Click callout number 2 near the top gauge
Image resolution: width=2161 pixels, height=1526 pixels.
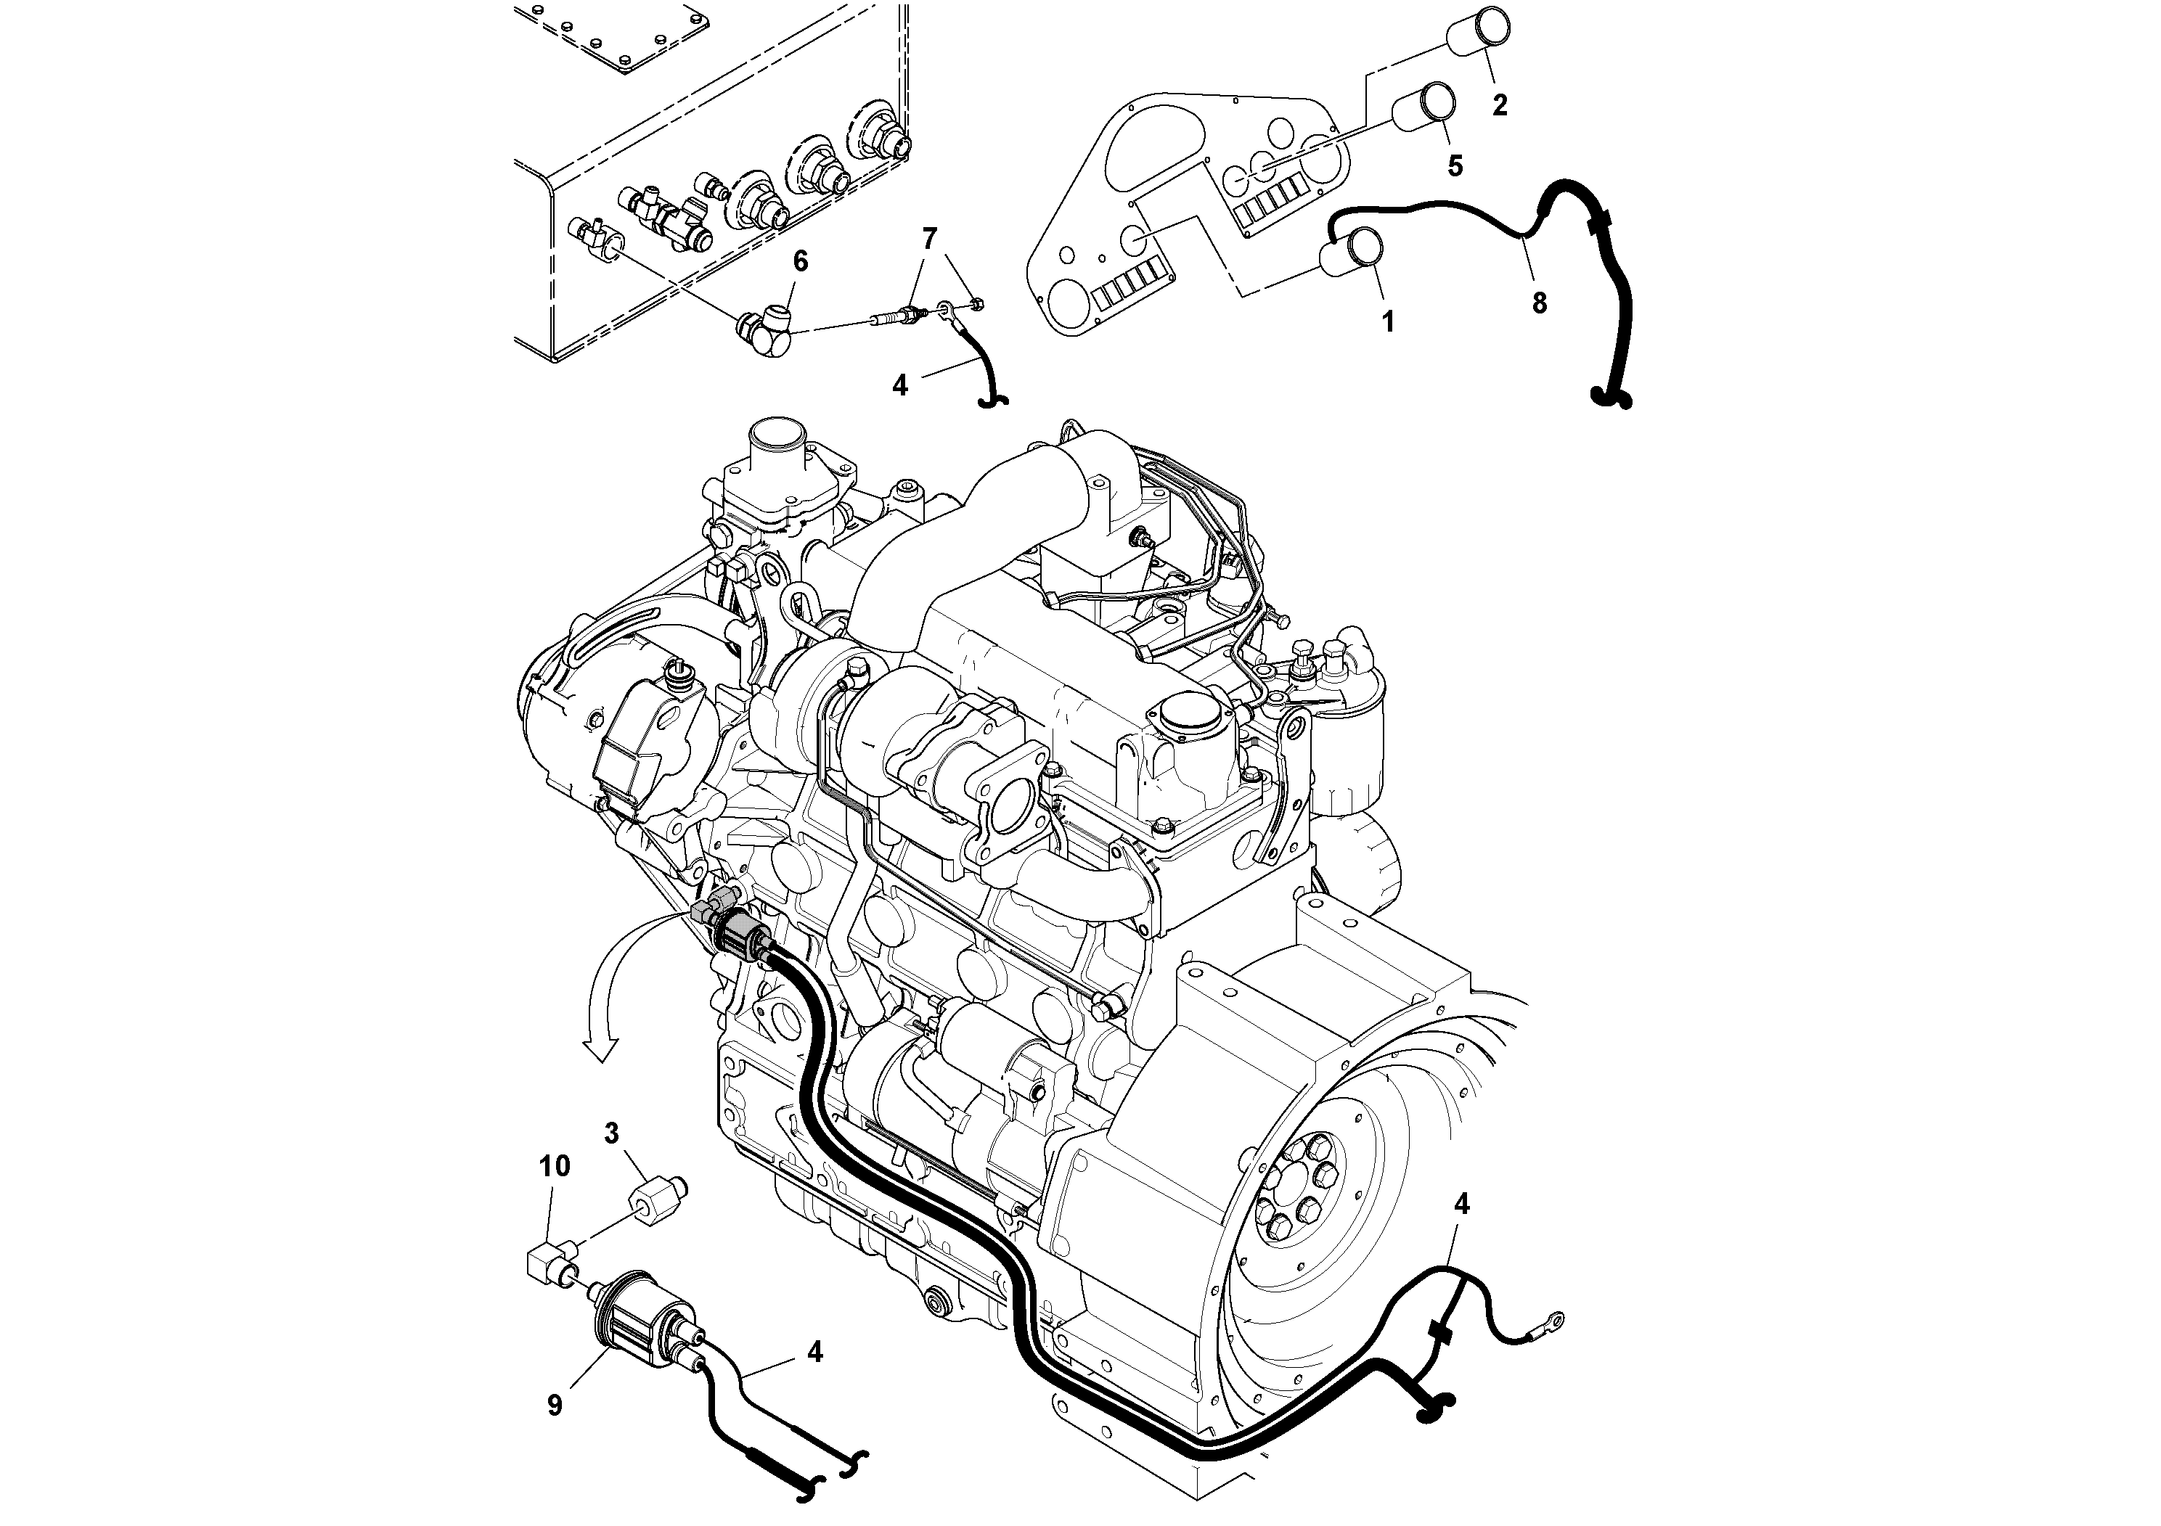coord(1499,105)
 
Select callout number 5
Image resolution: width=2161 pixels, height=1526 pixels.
coord(1455,166)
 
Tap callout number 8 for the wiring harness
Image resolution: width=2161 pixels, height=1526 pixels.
coord(1539,303)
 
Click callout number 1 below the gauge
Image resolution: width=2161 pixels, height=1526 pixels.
coord(1387,323)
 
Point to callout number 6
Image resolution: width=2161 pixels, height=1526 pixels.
coord(800,261)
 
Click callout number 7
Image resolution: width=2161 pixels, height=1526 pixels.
coord(930,239)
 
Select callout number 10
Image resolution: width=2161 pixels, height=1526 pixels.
coord(555,1167)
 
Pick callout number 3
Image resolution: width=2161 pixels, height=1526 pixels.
coord(612,1133)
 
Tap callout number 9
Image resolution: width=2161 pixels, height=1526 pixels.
coord(555,1406)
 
